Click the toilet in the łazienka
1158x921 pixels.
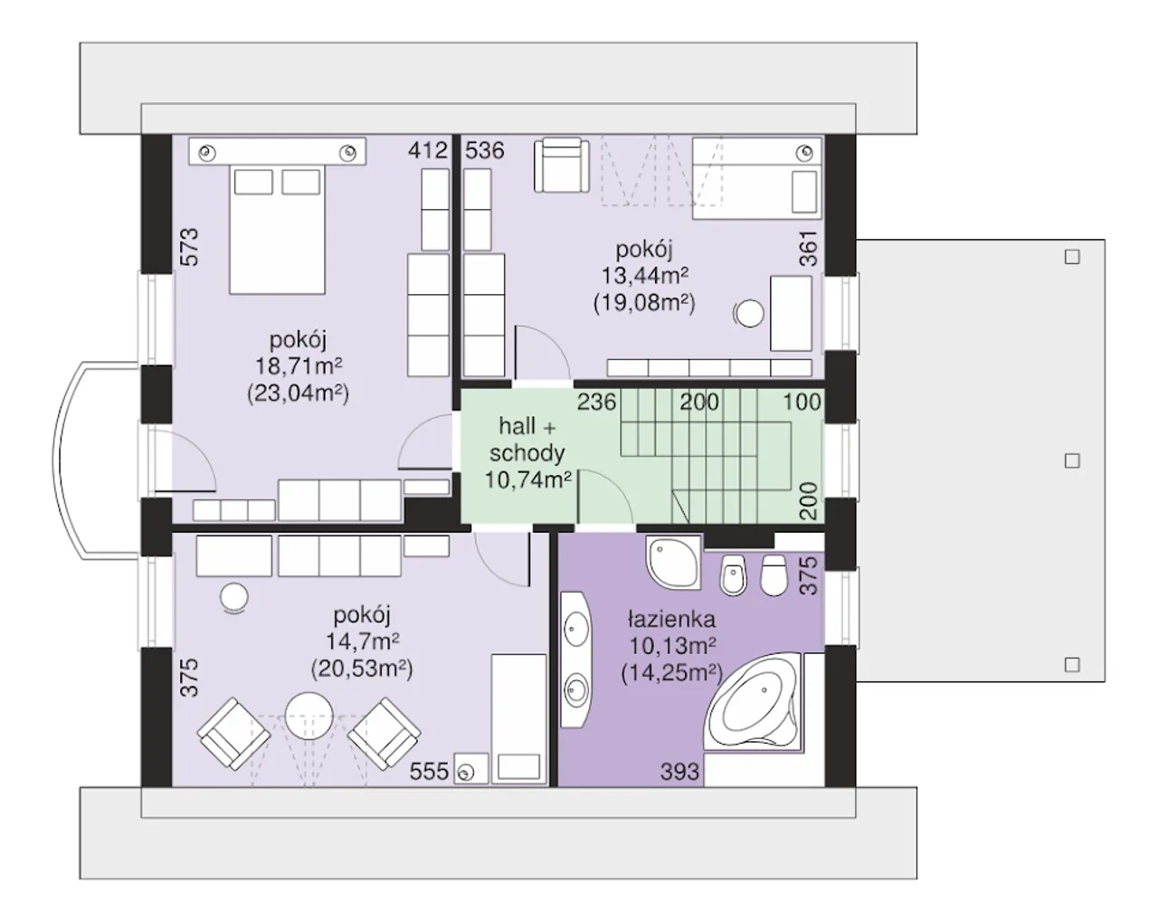[774, 574]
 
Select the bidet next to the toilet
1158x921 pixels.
[733, 574]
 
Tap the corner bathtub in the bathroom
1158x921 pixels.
[753, 701]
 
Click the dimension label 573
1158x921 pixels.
[189, 247]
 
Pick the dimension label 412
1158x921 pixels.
[428, 150]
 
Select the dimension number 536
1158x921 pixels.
[485, 150]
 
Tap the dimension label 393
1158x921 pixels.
[680, 772]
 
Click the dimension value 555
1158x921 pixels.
[429, 772]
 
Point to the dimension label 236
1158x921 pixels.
[597, 402]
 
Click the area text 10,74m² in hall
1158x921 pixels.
[527, 479]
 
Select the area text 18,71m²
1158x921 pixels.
[299, 366]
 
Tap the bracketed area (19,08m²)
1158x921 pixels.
[644, 302]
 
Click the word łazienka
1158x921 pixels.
[672, 619]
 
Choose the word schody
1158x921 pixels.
[527, 453]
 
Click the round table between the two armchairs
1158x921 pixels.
[308, 717]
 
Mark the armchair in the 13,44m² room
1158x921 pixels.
[561, 165]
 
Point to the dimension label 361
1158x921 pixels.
[808, 249]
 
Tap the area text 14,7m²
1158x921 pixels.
[363, 641]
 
